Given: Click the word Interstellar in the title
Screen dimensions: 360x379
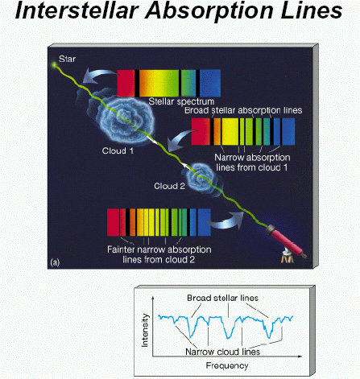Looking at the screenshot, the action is [x=78, y=10].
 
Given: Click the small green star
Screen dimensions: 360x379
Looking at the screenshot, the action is [x=55, y=64].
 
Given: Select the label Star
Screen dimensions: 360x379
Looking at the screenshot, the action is [x=67, y=59].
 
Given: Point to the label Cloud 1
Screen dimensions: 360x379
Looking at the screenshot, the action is [x=118, y=150].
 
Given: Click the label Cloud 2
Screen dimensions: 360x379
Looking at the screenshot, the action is [x=169, y=186].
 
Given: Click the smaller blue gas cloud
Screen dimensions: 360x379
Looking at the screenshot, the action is [x=201, y=180].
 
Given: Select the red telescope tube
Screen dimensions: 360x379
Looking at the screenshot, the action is [x=284, y=240].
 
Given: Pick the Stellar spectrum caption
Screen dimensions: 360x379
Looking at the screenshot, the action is [x=181, y=101].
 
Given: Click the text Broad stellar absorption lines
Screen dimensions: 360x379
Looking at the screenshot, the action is [x=243, y=110].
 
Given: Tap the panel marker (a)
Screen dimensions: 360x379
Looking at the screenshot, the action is [x=55, y=262].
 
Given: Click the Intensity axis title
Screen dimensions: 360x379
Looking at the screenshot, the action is [x=145, y=330].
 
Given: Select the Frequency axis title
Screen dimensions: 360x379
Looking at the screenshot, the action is [x=227, y=365].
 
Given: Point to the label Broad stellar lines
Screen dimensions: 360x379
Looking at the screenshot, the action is [x=222, y=298].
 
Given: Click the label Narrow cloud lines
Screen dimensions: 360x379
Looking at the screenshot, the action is [x=222, y=352].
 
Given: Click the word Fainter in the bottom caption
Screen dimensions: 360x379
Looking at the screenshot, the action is [x=121, y=249].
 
